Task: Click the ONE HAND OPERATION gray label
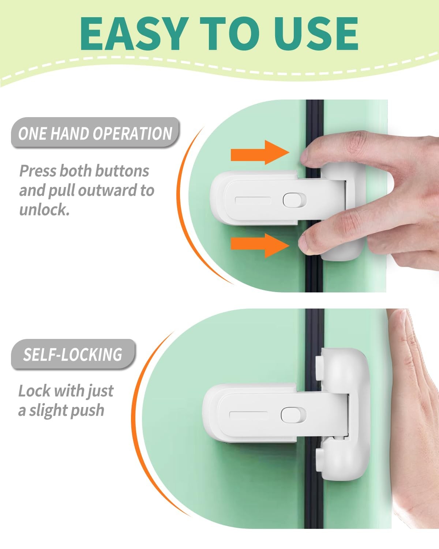pyautogui.click(x=95, y=132)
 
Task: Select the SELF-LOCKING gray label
pyautogui.click(x=73, y=354)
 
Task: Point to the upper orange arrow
pyautogui.click(x=260, y=152)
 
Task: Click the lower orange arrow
pyautogui.click(x=260, y=246)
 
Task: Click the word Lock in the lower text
pyautogui.click(x=34, y=391)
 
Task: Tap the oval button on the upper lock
pyautogui.click(x=294, y=200)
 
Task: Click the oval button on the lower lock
pyautogui.click(x=293, y=415)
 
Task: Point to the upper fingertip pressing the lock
pyautogui.click(x=306, y=156)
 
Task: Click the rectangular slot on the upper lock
pyautogui.click(x=253, y=200)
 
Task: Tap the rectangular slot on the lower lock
pyautogui.click(x=249, y=415)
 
